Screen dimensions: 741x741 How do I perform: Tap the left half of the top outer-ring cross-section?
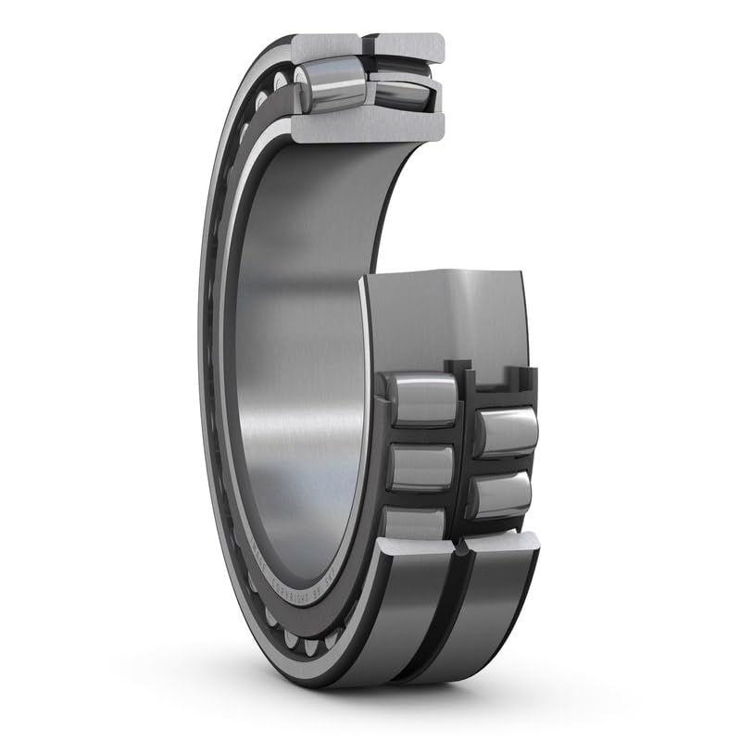(325, 45)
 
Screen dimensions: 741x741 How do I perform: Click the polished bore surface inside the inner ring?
(296, 370)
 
